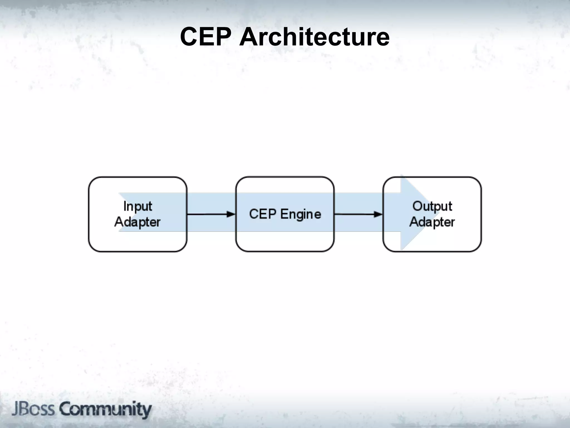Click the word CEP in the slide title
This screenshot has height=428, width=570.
coord(205,37)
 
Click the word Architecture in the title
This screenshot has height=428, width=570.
coord(314,37)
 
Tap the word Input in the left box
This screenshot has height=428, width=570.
coord(137,207)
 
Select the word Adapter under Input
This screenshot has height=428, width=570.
coord(137,222)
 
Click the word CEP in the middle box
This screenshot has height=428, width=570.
coord(262,214)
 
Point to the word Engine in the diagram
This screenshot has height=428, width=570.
coord(301,215)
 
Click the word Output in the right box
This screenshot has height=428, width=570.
coord(432,207)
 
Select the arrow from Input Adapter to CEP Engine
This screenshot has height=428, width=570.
coord(211,214)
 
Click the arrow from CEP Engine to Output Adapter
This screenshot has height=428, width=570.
coord(358,214)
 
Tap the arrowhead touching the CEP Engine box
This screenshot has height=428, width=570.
coord(231,214)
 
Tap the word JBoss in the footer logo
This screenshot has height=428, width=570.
coord(33,409)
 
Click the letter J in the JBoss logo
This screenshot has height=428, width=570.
coord(15,409)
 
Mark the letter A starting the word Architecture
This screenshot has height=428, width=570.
coord(249,37)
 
